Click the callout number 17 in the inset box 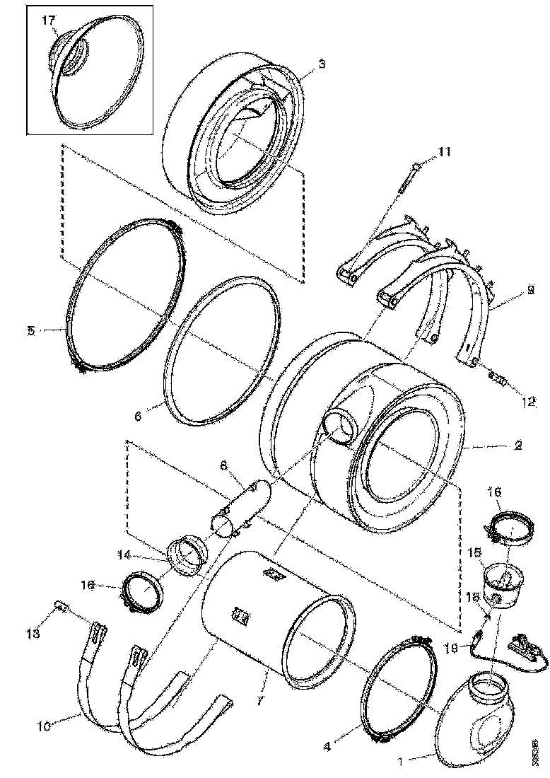pyautogui.click(x=49, y=22)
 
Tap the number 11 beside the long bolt pyautogui.click(x=443, y=151)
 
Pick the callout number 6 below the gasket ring pyautogui.click(x=139, y=417)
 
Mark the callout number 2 pyautogui.click(x=519, y=446)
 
